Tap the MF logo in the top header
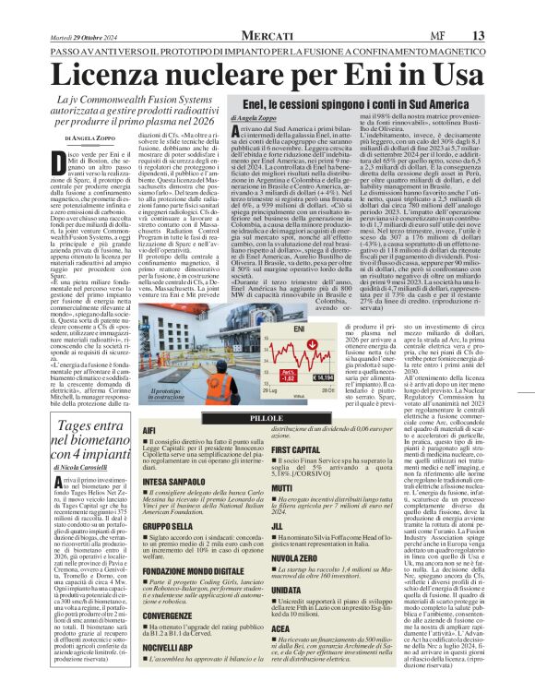(x=395, y=34)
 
